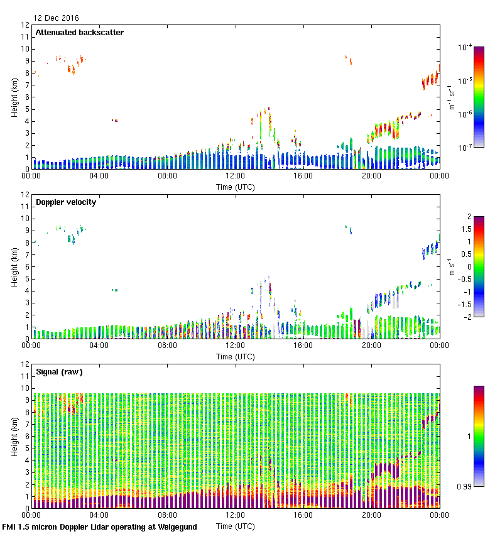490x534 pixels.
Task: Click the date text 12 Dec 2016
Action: point(57,18)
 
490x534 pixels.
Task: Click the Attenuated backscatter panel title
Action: point(79,33)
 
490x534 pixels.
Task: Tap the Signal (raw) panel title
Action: point(59,372)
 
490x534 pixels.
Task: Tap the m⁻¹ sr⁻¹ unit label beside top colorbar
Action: point(450,97)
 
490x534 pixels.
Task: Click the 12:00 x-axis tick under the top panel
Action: point(235,177)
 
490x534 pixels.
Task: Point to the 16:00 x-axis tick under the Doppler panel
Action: point(303,346)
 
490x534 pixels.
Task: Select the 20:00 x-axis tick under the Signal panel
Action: point(371,515)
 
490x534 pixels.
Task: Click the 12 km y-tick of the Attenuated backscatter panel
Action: point(26,25)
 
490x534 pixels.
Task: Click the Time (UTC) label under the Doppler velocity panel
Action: point(236,356)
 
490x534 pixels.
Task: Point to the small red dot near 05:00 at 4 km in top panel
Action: point(114,120)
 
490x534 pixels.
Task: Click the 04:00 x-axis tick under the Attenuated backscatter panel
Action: point(99,177)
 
